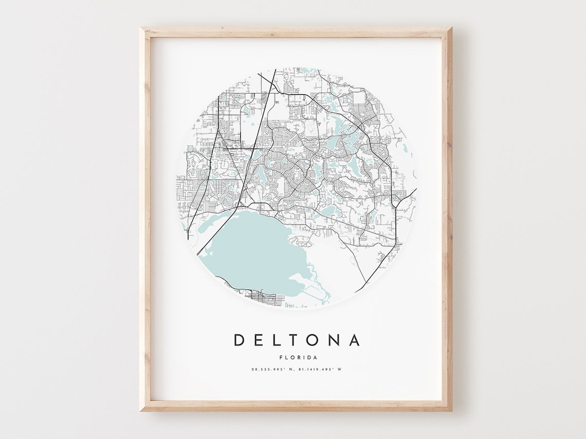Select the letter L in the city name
(x=277, y=340)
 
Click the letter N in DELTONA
(x=335, y=340)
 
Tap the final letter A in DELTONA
(x=354, y=340)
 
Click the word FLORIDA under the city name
(x=297, y=357)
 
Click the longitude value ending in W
(x=320, y=370)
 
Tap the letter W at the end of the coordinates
(x=341, y=370)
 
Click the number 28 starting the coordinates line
(x=253, y=370)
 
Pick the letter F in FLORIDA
(x=280, y=357)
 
